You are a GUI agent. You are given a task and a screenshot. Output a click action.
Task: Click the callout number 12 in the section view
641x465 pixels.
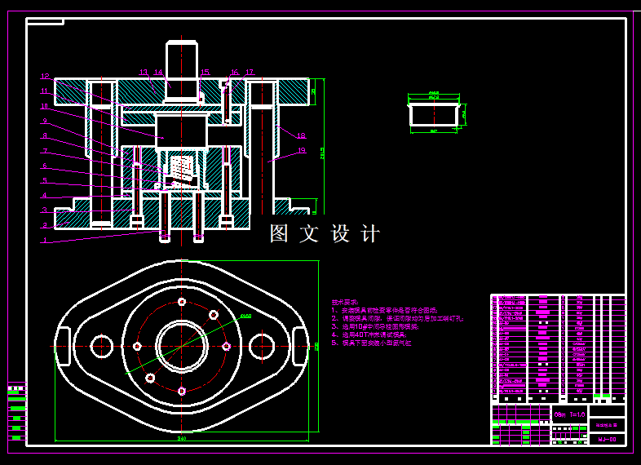click(x=46, y=76)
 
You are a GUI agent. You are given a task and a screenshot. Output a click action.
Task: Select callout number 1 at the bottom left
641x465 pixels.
click(x=45, y=241)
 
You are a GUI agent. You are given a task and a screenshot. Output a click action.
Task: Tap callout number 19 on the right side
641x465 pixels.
click(x=301, y=151)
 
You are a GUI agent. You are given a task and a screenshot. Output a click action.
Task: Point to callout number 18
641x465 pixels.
click(x=301, y=135)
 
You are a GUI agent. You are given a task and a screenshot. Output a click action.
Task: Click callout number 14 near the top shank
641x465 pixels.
click(x=158, y=73)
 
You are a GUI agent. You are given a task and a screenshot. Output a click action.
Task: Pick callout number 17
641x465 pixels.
click(x=249, y=73)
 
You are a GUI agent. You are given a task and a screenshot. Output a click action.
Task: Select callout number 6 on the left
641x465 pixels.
click(x=46, y=166)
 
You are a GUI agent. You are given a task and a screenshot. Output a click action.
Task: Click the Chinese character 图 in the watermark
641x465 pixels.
click(x=280, y=234)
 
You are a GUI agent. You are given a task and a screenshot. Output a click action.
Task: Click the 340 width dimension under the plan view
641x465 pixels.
click(x=181, y=438)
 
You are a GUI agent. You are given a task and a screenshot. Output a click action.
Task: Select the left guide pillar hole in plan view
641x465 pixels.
click(x=101, y=346)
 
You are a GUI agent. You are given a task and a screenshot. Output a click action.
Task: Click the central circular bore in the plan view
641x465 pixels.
click(x=181, y=346)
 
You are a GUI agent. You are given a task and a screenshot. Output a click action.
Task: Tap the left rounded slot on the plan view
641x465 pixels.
click(x=62, y=346)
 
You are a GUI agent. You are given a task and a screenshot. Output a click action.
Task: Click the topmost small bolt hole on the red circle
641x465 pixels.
click(x=181, y=302)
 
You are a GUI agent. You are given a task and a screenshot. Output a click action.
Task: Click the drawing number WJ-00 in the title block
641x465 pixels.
click(x=607, y=440)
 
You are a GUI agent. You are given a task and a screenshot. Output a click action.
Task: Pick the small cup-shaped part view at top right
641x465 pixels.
click(x=434, y=113)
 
